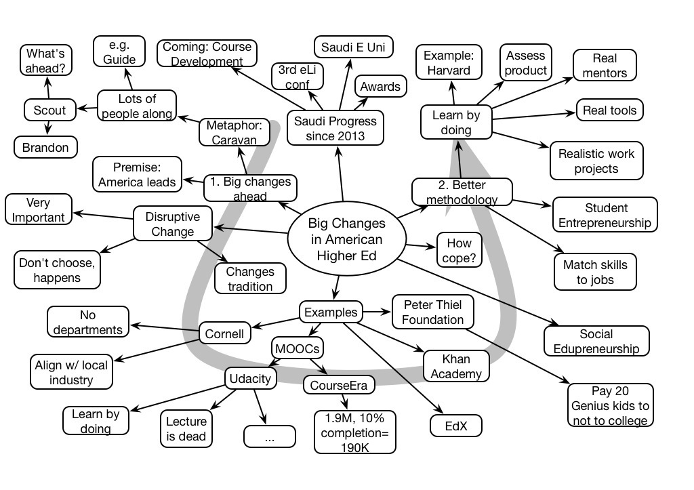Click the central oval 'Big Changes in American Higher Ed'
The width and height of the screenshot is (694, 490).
(346, 240)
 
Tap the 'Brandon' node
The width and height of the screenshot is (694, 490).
(45, 147)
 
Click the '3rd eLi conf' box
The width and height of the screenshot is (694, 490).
(297, 77)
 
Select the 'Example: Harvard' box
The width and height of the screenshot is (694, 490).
(448, 62)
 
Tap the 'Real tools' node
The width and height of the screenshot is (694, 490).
(609, 110)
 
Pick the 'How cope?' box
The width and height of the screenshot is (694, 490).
(459, 250)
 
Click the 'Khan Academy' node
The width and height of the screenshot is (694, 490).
(455, 365)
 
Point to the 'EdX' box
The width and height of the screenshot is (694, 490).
(455, 425)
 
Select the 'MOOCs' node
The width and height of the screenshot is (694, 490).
(297, 348)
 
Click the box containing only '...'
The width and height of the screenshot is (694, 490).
(269, 437)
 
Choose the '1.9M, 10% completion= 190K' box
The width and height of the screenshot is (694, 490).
(355, 431)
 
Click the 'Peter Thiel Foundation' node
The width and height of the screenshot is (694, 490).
(433, 312)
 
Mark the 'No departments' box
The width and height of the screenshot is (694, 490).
(88, 321)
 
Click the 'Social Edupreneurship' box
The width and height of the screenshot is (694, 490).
(596, 341)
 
